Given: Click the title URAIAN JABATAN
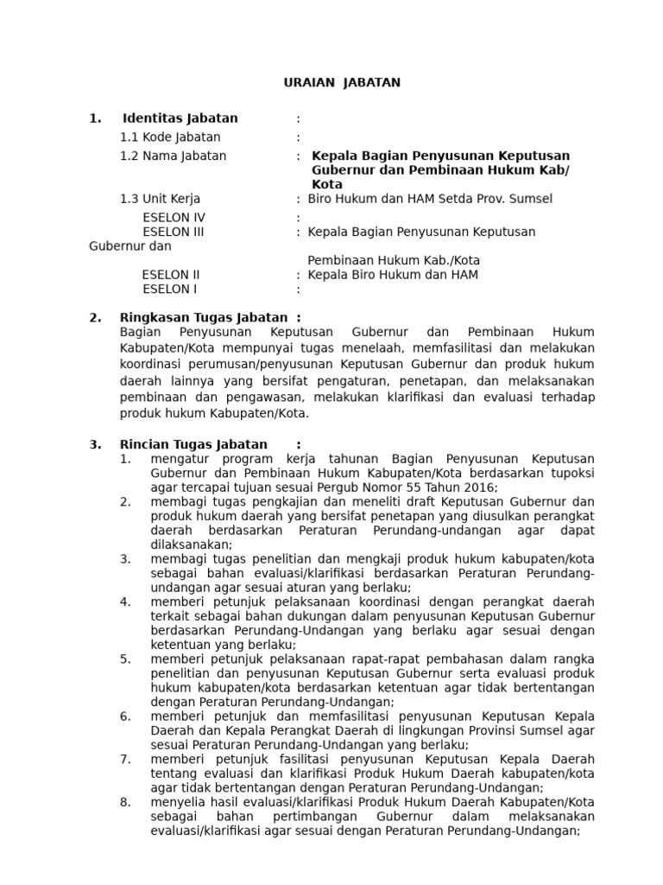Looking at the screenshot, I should [343, 83].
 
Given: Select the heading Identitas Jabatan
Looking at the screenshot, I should [180, 118].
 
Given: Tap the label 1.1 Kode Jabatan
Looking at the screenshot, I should [170, 137].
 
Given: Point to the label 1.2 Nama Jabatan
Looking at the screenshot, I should [173, 156].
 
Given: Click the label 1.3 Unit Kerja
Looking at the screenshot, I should [160, 199].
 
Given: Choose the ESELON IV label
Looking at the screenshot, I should [174, 218].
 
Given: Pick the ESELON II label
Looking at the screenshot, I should [171, 275].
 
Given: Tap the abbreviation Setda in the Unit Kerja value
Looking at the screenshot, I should [449, 199].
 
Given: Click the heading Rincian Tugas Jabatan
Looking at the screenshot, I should [194, 444].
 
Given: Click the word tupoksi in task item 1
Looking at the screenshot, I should [571, 474].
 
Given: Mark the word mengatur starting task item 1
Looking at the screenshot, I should [178, 459].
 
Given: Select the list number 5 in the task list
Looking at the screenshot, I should [125, 659].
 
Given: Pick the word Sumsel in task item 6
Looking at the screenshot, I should [546, 730].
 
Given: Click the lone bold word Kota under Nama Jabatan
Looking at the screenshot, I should [327, 185].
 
